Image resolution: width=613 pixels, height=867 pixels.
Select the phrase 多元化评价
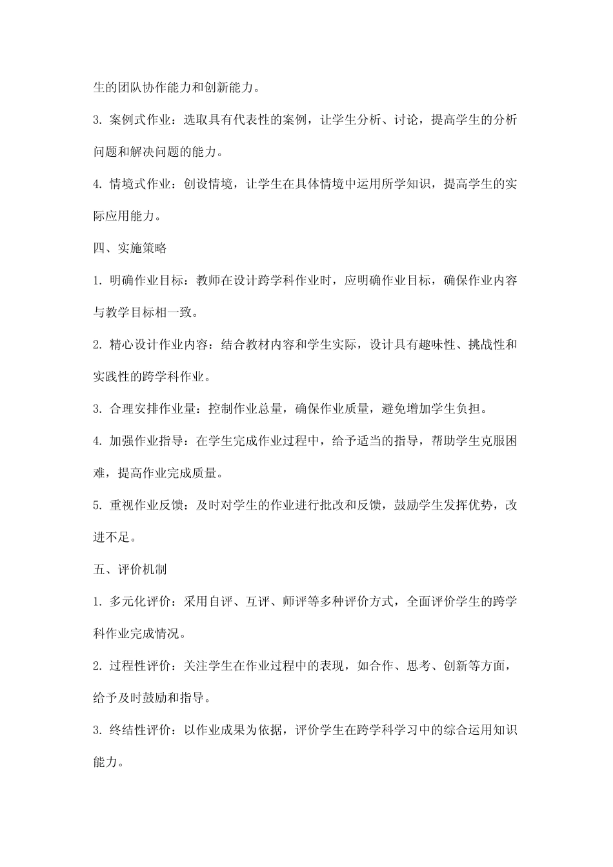pyautogui.click(x=138, y=602)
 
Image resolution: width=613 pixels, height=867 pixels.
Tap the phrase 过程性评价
pyautogui.click(x=138, y=666)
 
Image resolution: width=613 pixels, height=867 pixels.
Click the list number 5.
pyautogui.click(x=96, y=505)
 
